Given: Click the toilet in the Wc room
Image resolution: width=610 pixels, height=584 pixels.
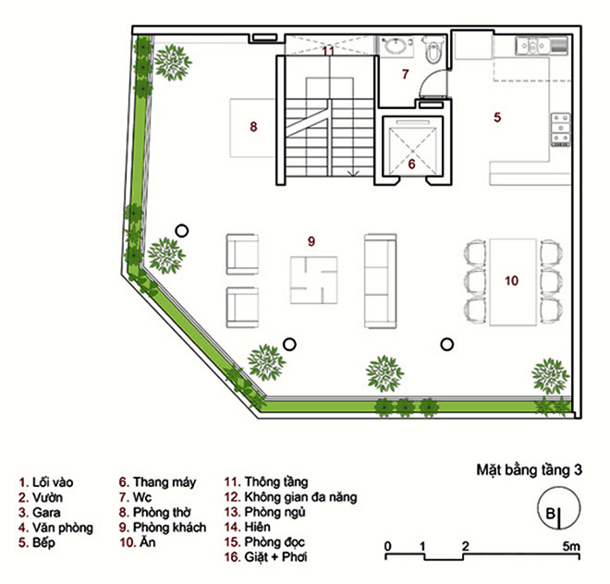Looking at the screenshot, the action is coord(433,50).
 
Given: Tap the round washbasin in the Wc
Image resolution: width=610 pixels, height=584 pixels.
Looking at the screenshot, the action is coord(396,46).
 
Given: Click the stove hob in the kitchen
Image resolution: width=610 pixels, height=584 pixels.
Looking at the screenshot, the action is coord(560,130).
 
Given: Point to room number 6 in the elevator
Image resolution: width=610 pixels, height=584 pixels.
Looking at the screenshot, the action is coord(411,164).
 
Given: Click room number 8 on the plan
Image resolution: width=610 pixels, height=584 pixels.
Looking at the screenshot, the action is coord(253,127).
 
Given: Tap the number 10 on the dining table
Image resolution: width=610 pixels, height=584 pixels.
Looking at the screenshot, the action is coord(511,281).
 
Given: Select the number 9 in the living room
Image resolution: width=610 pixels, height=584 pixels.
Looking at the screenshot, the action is coord(311,241).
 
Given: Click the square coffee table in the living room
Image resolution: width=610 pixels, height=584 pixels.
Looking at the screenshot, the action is coord(313,280).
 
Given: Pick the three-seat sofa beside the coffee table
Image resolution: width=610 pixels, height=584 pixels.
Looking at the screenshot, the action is coord(380,281).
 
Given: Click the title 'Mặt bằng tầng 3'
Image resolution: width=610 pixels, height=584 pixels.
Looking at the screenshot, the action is coord(530,470).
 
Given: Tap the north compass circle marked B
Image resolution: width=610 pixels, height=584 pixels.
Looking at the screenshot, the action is coord(558,508).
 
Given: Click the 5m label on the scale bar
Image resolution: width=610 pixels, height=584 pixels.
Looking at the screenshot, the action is coord(570,546).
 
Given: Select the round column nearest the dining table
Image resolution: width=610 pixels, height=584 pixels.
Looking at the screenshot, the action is coord(447,345).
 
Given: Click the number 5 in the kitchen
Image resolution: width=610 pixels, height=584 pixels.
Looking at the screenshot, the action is coord(497,117).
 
